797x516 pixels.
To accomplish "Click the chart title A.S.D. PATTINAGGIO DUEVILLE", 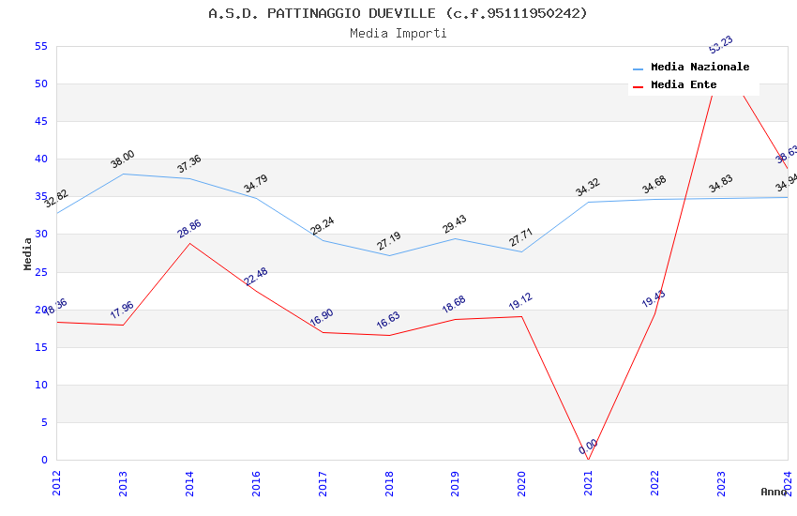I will (x=398, y=13).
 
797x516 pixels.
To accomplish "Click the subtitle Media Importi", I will (x=398, y=34).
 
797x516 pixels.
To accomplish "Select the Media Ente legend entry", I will (x=684, y=85).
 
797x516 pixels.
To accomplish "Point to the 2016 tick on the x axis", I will (x=256, y=482).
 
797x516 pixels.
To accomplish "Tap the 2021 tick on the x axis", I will (x=588, y=482).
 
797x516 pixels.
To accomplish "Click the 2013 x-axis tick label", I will (x=123, y=482).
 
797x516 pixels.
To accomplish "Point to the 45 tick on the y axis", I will (x=40, y=122).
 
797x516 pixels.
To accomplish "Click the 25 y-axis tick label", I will (x=40, y=272).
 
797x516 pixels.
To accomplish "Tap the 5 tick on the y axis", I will (x=44, y=422).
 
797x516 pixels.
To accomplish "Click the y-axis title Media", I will (x=28, y=253).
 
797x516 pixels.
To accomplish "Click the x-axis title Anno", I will (x=774, y=492).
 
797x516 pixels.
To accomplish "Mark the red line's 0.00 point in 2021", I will (x=588, y=460).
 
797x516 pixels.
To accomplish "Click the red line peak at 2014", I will (x=189, y=243).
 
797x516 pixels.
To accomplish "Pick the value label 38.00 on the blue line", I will (x=123, y=159).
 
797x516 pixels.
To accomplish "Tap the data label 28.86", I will (x=189, y=229).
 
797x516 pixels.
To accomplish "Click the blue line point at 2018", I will (x=389, y=255).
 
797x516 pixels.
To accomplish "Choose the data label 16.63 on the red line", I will (x=389, y=321).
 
